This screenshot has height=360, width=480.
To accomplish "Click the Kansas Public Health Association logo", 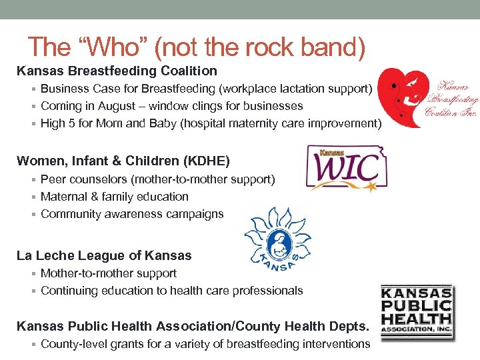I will tap(417, 312).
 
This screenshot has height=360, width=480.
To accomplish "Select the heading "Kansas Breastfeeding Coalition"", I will tap(117, 71).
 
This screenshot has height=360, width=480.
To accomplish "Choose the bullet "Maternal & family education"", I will tap(115, 197).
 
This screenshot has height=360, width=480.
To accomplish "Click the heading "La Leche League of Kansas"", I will tap(104, 256).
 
